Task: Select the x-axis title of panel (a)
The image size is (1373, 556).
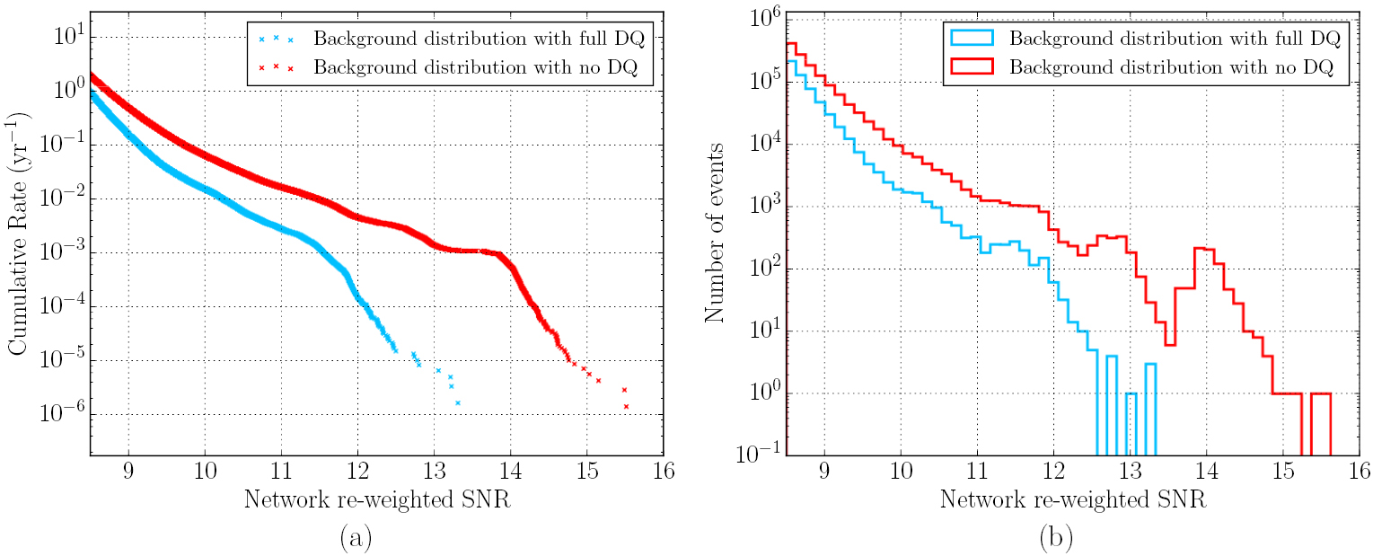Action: (x=377, y=499)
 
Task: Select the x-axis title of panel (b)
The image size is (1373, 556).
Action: (x=1073, y=499)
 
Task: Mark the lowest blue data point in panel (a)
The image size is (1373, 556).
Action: (x=457, y=403)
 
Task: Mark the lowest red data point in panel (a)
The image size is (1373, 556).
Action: (x=626, y=407)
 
